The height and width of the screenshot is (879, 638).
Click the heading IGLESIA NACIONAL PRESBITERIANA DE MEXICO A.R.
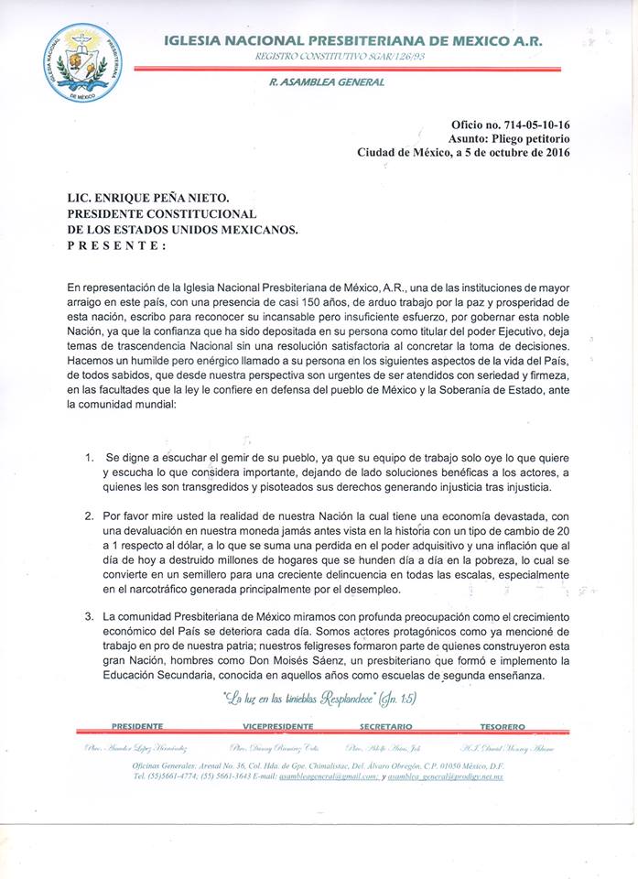pyautogui.click(x=352, y=41)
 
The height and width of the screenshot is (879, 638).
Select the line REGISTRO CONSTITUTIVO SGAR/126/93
pyautogui.click(x=340, y=57)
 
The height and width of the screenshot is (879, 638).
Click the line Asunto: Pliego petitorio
pyautogui.click(x=509, y=138)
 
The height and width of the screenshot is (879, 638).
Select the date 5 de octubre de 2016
pyautogui.click(x=517, y=153)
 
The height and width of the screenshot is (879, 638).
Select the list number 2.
pyautogui.click(x=89, y=515)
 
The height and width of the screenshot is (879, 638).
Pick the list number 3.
pyautogui.click(x=89, y=616)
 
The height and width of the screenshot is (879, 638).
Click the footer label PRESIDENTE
pyautogui.click(x=137, y=726)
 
